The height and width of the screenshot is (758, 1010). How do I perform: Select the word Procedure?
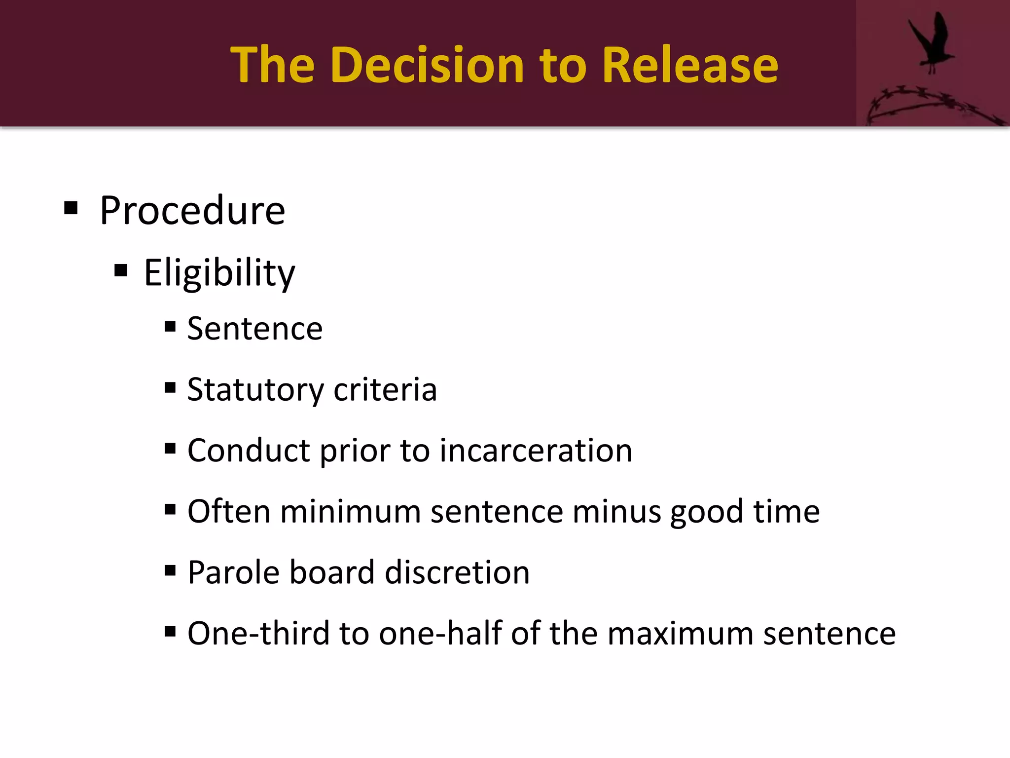point(192,211)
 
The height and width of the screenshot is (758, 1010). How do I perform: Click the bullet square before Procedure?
point(71,208)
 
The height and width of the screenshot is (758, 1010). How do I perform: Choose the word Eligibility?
point(219,273)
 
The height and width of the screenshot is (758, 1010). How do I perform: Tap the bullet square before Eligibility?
point(121,270)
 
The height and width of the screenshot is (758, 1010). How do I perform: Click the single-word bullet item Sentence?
point(255,329)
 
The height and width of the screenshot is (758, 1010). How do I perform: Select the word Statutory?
point(255,390)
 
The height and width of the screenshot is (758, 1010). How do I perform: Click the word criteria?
point(385,390)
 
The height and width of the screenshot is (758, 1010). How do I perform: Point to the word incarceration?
point(536,451)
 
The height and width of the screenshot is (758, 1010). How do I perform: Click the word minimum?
point(350,511)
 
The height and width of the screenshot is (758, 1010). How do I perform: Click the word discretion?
point(457,572)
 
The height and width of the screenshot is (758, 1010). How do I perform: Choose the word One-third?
point(258,633)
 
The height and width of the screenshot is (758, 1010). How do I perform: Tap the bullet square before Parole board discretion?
point(170,570)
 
